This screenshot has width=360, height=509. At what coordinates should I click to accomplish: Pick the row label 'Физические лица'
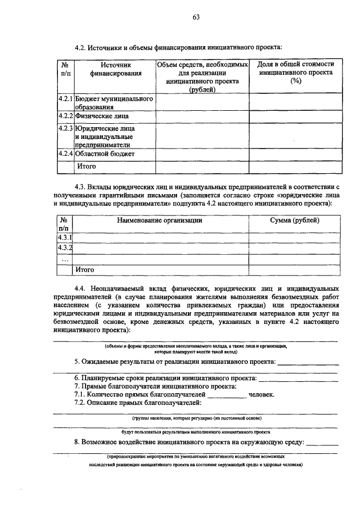pos(102,116)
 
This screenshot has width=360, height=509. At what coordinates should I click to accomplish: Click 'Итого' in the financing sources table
pos(87,166)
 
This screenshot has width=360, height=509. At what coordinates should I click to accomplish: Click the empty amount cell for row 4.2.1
pos(202,102)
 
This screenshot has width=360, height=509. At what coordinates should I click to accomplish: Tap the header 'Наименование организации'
pos(159,220)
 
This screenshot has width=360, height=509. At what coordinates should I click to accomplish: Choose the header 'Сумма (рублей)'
pos(295,220)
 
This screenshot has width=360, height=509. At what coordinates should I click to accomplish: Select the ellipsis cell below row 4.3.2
pos(65,259)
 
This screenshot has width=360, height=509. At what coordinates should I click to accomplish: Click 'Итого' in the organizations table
pos(85,270)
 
